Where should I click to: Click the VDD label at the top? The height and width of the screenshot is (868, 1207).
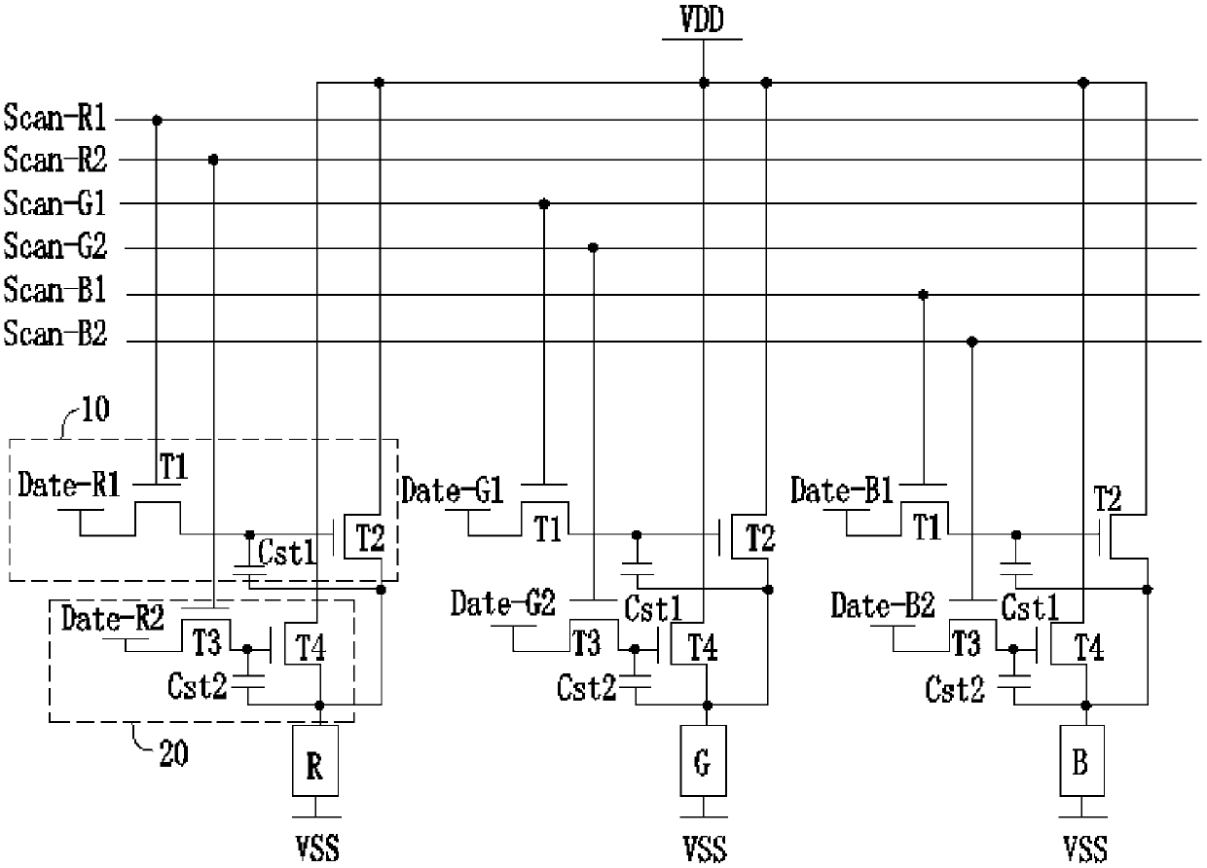click(702, 20)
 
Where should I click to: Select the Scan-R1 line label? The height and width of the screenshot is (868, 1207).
click(55, 119)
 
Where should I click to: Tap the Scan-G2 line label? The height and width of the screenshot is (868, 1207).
click(55, 247)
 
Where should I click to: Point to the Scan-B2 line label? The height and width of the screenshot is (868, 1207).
click(55, 336)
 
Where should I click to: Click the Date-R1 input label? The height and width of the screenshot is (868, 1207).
click(70, 485)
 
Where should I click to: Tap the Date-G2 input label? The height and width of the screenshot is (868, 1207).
click(502, 605)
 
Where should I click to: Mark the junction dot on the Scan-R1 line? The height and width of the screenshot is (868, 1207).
click(157, 120)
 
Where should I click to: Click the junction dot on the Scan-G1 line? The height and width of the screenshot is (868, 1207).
click(544, 203)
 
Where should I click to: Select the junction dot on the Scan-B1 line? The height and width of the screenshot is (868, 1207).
click(924, 294)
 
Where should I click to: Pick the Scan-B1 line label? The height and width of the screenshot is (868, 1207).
click(55, 291)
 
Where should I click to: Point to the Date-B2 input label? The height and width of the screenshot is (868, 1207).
click(883, 605)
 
